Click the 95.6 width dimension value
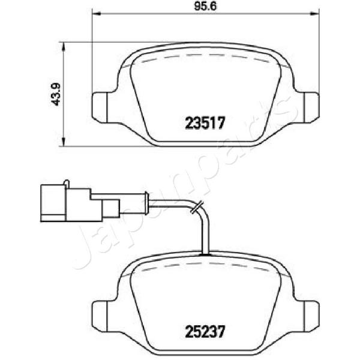(x=205, y=7)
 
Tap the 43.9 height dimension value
(x=56, y=94)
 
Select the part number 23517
(x=205, y=123)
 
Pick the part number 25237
(x=205, y=332)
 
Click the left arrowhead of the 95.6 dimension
(x=96, y=14)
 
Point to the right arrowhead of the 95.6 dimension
(x=315, y=14)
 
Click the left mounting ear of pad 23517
(x=100, y=107)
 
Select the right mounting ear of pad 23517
(x=311, y=107)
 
